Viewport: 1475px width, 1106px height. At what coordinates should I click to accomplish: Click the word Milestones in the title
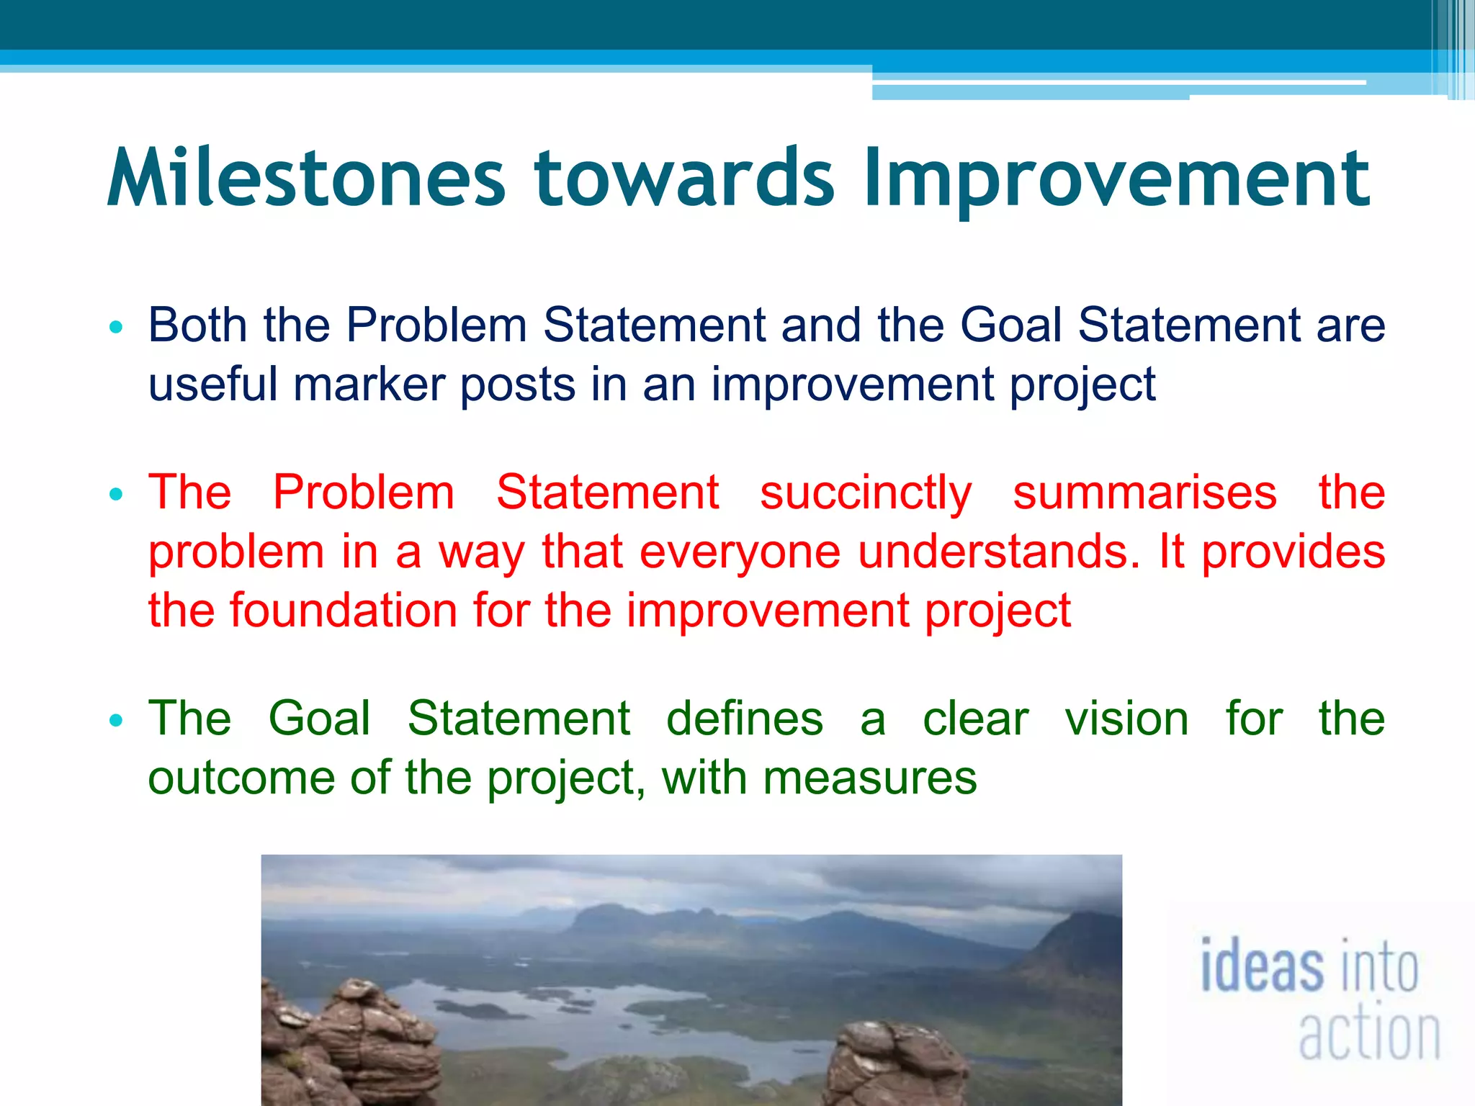(x=307, y=177)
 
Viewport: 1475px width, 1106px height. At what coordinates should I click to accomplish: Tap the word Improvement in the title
(x=1116, y=177)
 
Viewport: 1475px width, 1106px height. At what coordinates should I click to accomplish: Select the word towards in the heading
(x=683, y=177)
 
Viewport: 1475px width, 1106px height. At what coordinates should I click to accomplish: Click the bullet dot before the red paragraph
(x=116, y=495)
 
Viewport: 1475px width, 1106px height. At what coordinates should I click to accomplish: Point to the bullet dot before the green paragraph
(x=116, y=721)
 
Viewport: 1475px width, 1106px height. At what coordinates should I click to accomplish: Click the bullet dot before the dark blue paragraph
(x=116, y=328)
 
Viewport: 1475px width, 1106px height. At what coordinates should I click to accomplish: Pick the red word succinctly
(x=865, y=494)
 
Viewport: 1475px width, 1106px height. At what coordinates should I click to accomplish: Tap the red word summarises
(x=1144, y=494)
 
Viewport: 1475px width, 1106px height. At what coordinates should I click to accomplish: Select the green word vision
(x=1126, y=719)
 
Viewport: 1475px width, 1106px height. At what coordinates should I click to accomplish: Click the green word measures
(x=869, y=779)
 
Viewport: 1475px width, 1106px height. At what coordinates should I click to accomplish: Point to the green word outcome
(x=241, y=779)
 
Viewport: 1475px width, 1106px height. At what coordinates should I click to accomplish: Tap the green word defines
(x=744, y=719)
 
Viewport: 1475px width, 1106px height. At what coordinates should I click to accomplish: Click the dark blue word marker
(x=369, y=385)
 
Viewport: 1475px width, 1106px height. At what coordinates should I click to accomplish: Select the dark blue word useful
(x=212, y=385)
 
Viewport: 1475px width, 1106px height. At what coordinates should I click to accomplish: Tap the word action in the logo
(x=1368, y=1034)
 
